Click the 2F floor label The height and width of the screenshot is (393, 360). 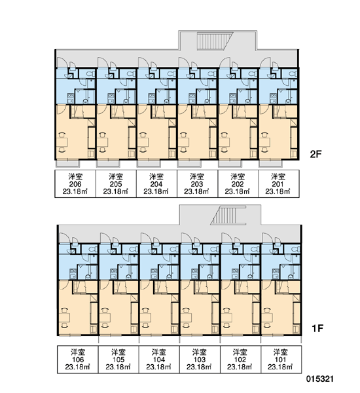point(315,154)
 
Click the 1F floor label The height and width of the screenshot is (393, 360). point(317,328)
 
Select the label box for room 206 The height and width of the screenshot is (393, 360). point(75,183)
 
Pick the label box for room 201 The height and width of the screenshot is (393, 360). point(278,183)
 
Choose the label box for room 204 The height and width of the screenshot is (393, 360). point(156,183)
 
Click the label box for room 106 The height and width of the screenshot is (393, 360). point(78,360)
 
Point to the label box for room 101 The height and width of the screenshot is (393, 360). point(281,360)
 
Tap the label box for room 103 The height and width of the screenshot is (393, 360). point(200,360)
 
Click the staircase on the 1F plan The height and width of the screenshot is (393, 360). point(228,215)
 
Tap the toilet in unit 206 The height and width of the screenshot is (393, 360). point(90,73)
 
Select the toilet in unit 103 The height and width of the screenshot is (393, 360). point(214,249)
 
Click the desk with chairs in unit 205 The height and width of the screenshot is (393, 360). point(103,142)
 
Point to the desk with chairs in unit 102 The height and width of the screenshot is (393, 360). point(226,318)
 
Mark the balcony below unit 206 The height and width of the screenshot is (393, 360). point(67,164)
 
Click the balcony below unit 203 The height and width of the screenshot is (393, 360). point(189,164)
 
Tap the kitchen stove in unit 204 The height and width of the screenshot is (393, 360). point(151,98)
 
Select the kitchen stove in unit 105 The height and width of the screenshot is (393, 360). point(113,274)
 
